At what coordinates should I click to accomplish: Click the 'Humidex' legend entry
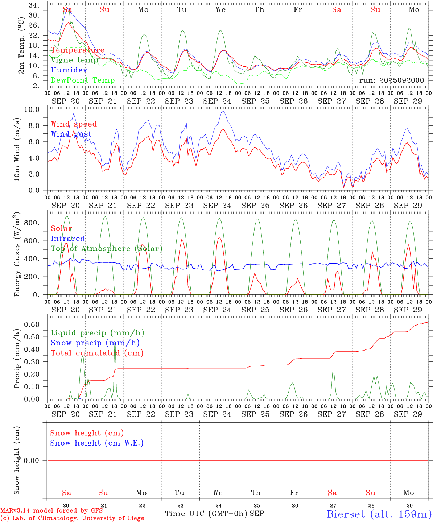[x=69, y=70]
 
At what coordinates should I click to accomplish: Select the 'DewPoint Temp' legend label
[x=83, y=80]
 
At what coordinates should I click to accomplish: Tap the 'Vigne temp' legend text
[x=74, y=60]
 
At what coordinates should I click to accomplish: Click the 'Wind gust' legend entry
[x=71, y=134]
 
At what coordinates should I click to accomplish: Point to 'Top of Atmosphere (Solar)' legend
[x=107, y=249]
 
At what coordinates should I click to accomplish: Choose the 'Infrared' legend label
[x=68, y=239]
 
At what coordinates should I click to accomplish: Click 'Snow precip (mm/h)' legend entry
[x=95, y=343]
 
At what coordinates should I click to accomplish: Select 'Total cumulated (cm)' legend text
[x=97, y=353]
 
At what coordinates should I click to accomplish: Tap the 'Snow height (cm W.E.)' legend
[x=97, y=443]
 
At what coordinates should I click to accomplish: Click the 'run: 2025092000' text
[x=391, y=80]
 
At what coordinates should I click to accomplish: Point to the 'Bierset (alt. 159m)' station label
[x=379, y=514]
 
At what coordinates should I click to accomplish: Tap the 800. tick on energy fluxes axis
[x=32, y=223]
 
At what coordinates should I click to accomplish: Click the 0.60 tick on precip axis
[x=33, y=324]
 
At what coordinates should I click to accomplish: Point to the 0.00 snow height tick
[x=33, y=460]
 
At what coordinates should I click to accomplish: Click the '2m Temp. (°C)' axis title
[x=22, y=45]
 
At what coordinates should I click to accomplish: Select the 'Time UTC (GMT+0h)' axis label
[x=206, y=514]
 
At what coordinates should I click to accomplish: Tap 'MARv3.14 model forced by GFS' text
[x=51, y=511]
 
